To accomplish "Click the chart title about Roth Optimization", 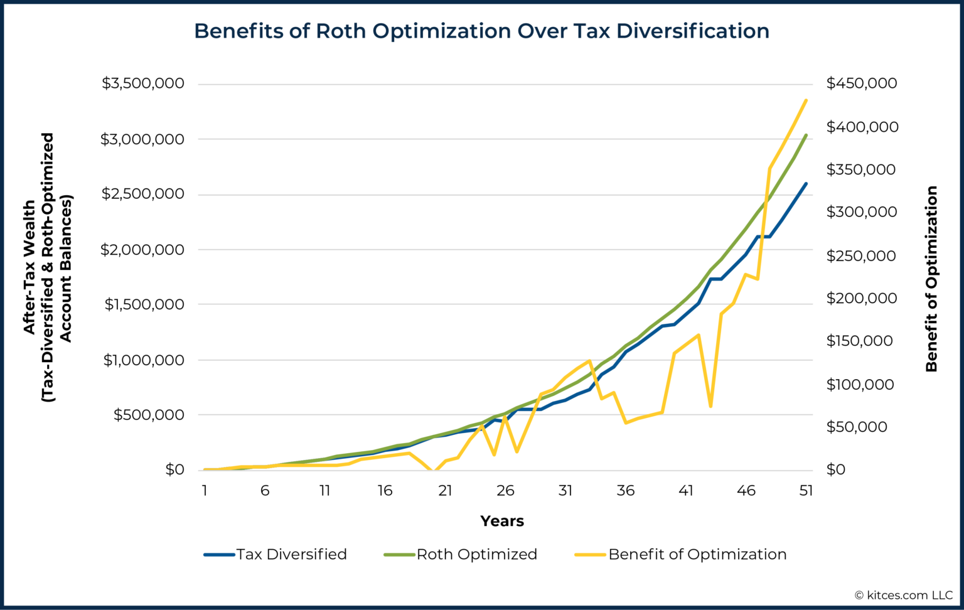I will pos(481,31).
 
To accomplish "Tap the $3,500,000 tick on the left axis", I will pos(143,83).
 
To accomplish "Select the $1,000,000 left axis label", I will pos(144,360).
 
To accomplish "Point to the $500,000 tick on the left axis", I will pos(149,414).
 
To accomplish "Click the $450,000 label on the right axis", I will pos(861,83).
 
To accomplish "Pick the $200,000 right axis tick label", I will pos(861,297).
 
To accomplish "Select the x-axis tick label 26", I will pos(505,491).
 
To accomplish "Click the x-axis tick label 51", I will pos(806,491).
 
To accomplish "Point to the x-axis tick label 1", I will pos(205,491).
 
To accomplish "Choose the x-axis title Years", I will pos(501,521).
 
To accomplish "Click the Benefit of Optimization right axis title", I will pos(931,279).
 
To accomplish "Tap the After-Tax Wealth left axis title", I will pos(48,267).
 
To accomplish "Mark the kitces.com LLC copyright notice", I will pos(903,595).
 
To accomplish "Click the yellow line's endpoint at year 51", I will pos(806,100).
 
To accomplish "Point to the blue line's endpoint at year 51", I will pos(806,184).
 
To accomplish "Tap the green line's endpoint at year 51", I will pos(806,135).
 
